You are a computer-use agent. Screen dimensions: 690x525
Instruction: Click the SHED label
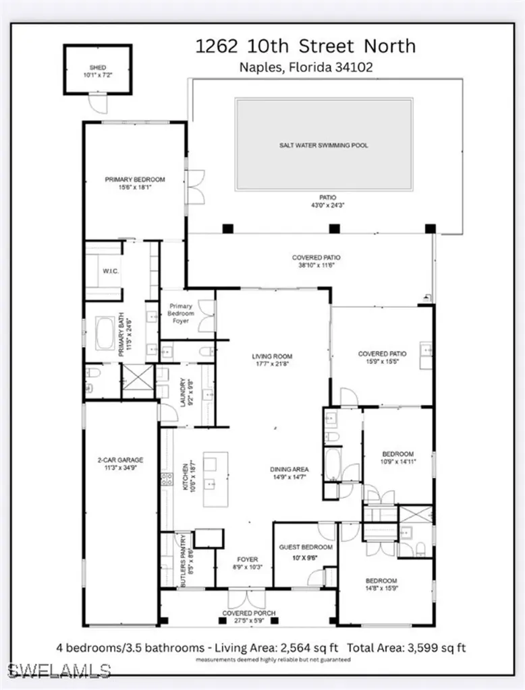(x=99, y=68)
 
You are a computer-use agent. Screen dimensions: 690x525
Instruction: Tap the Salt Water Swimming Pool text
(x=324, y=145)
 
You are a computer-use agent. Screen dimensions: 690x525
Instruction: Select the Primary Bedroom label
(x=135, y=180)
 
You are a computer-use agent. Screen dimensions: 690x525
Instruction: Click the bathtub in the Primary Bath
(x=105, y=334)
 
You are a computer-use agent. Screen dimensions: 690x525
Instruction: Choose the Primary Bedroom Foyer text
(x=180, y=313)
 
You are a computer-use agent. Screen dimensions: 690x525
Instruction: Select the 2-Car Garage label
(x=120, y=460)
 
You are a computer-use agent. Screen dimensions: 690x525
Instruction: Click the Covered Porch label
(x=249, y=613)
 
